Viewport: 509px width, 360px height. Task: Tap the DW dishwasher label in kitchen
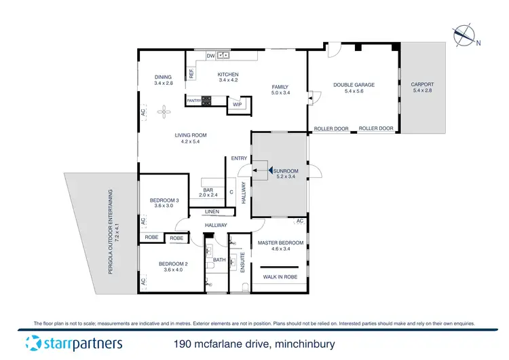210,56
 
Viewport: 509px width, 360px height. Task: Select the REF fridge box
192,73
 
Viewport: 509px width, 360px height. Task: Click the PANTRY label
193,101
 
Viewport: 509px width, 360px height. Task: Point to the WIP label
237,105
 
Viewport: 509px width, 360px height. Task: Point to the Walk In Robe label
281,276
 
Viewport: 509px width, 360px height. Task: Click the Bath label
219,259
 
